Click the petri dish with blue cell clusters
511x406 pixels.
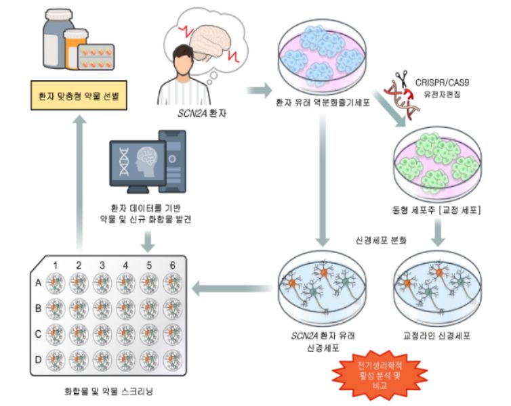(322, 60)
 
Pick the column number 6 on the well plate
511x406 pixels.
(173, 263)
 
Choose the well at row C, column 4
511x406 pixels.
(127, 333)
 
